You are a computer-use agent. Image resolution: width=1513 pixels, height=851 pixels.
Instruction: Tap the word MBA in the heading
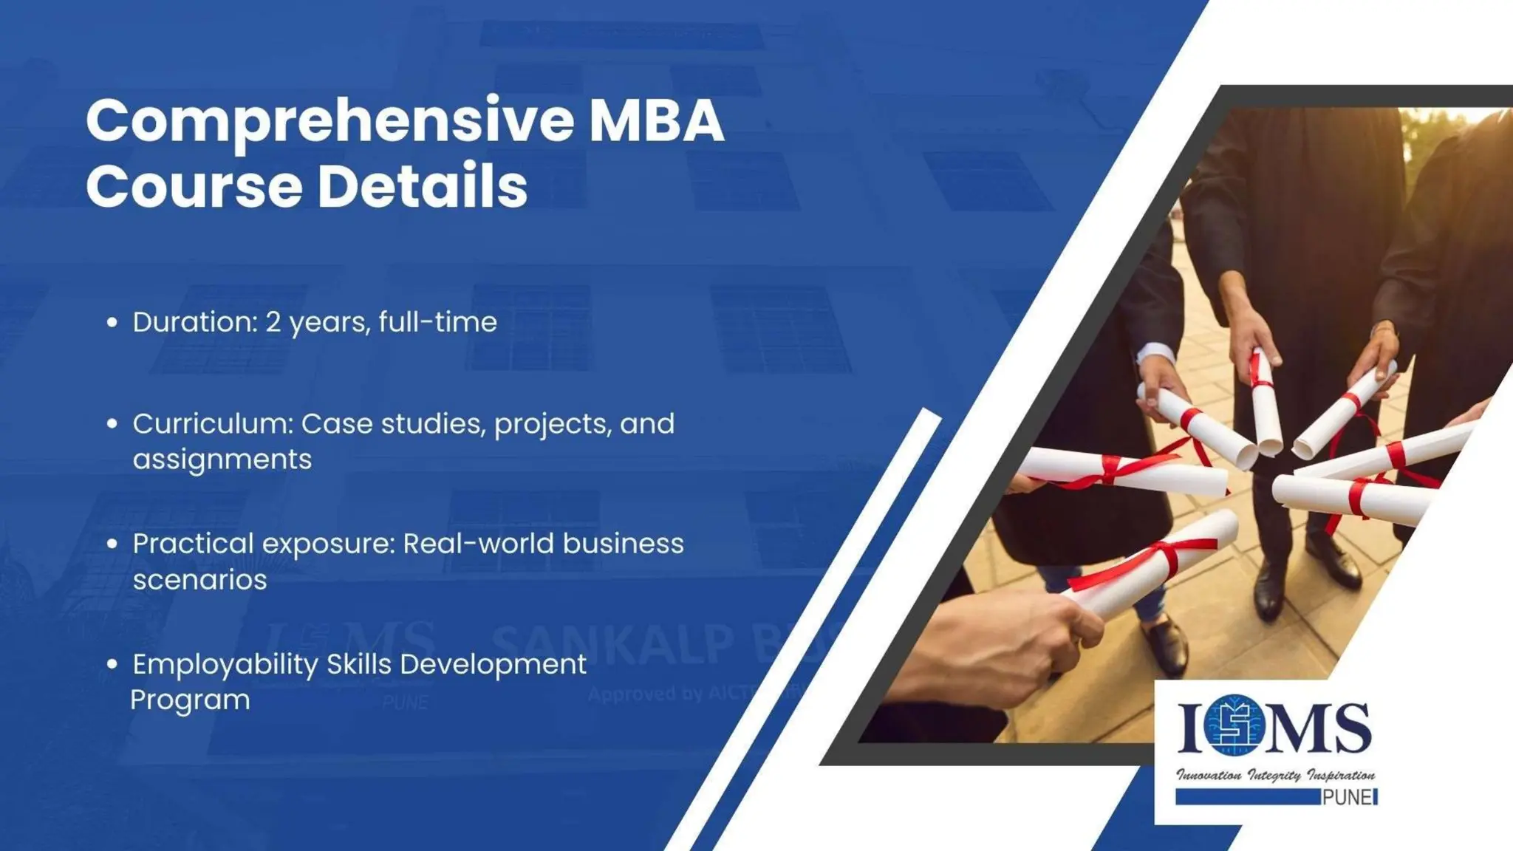[656, 120]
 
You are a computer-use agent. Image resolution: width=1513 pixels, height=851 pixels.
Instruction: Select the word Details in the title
[423, 186]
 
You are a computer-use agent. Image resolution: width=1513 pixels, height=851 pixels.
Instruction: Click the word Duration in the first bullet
[194, 322]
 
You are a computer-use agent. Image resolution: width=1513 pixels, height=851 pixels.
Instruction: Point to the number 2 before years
[273, 323]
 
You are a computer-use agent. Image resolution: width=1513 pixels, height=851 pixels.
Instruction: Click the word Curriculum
[214, 424]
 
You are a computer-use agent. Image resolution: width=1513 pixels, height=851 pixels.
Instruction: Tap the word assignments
[222, 459]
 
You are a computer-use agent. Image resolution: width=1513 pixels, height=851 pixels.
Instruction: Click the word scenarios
[199, 580]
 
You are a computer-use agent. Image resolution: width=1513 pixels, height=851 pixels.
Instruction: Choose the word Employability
[225, 665]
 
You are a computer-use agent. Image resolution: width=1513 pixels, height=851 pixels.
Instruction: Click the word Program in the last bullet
[191, 700]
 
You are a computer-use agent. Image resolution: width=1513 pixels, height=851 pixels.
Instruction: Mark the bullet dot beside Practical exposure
[112, 544]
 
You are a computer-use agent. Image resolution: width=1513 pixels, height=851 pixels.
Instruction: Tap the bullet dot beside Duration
[112, 323]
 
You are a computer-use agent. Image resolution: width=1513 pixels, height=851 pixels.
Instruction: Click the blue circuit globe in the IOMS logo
[1233, 726]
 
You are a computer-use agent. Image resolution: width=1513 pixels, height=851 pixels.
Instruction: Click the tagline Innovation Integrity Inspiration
[1275, 775]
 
